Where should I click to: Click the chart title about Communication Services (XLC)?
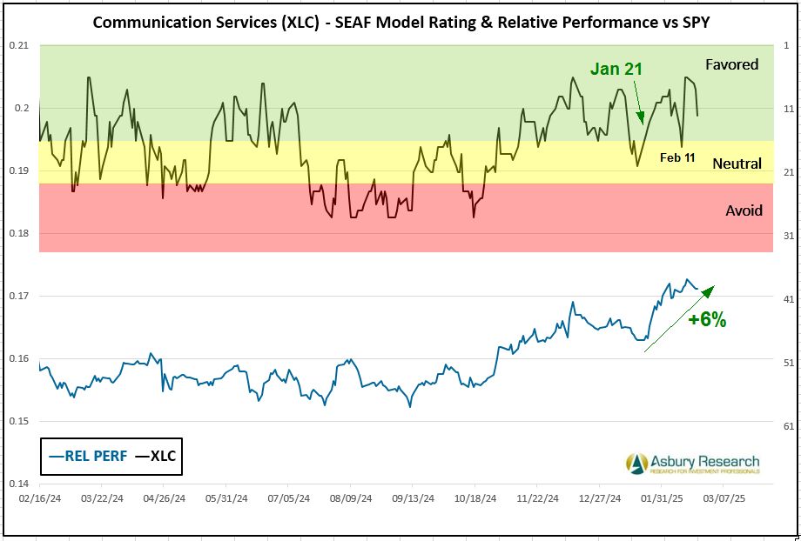401,22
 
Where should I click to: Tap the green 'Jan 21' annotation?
616,69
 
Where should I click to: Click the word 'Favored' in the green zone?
732,64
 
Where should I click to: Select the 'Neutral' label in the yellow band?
737,164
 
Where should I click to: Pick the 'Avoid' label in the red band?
744,210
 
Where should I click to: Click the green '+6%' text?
706,319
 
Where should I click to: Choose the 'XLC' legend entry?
157,455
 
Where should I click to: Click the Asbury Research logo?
693,464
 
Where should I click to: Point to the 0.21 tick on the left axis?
18,45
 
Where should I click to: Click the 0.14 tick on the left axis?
18,484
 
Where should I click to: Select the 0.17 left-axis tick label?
18,296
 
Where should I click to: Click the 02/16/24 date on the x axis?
39,499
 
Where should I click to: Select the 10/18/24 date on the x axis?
475,499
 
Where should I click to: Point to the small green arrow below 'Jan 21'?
638,104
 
